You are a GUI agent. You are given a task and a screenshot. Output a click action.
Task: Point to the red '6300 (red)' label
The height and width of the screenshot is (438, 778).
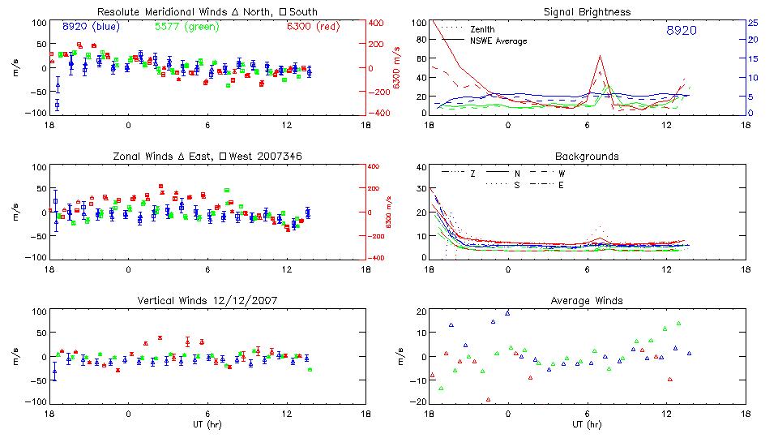pos(313,26)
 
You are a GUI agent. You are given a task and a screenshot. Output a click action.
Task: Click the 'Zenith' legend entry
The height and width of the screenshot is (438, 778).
pos(484,29)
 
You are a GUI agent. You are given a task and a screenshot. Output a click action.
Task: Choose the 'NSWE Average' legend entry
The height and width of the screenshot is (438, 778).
pos(498,41)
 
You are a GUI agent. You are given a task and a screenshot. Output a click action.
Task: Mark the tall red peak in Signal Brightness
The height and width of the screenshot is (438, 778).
pos(600,56)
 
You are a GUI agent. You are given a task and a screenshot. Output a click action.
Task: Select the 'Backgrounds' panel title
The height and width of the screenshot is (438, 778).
pos(587,156)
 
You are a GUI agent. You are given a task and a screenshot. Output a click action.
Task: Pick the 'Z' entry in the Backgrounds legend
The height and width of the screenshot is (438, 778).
pos(472,174)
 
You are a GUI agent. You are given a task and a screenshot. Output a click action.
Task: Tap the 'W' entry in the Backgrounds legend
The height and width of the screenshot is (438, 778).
pos(561,174)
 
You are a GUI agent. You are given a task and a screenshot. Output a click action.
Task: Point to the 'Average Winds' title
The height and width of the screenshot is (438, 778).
pos(587,301)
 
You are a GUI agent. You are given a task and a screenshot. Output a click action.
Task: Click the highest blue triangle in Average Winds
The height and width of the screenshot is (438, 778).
pos(508,312)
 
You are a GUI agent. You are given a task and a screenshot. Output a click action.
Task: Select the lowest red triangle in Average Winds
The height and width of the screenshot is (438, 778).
pos(488,399)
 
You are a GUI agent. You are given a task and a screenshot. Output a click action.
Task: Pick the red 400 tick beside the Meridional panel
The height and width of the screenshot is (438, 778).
pos(377,23)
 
